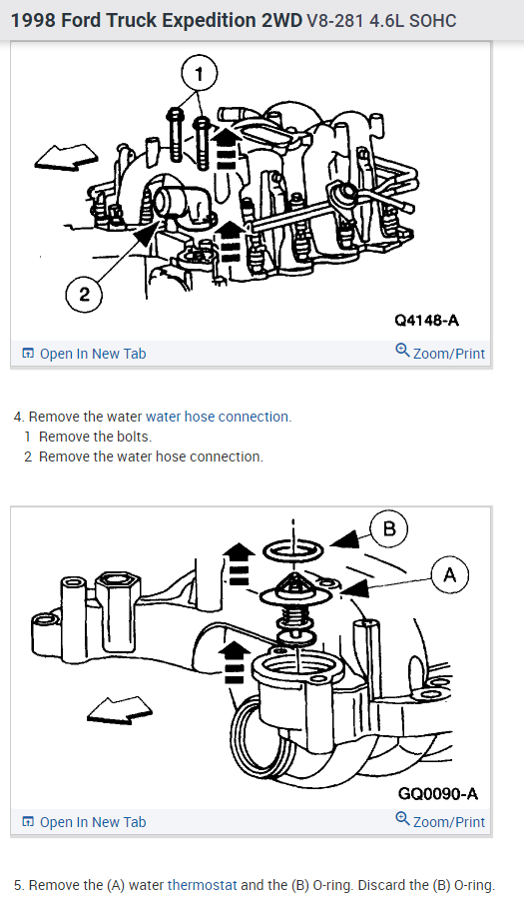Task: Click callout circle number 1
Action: [x=200, y=74]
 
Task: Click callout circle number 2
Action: [x=84, y=294]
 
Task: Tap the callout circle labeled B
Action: [x=389, y=528]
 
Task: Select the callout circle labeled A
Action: [x=450, y=575]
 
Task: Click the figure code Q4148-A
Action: [x=426, y=320]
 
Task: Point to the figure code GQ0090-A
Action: [x=438, y=793]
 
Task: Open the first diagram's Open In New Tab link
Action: [x=84, y=354]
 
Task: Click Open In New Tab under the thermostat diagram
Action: [x=84, y=822]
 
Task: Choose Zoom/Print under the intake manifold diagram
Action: [x=440, y=353]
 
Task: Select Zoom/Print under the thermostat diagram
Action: [x=440, y=821]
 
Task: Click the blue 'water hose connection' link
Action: [x=219, y=417]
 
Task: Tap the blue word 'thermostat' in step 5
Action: [x=202, y=885]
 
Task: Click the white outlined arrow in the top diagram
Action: [x=66, y=157]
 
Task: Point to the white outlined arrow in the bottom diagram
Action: [x=120, y=709]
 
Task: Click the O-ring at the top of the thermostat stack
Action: [x=292, y=549]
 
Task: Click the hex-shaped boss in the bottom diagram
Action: [x=116, y=603]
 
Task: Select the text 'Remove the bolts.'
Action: [x=95, y=437]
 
